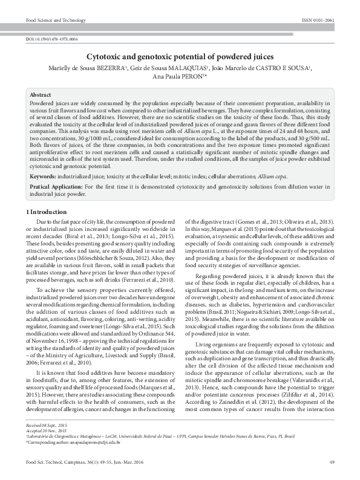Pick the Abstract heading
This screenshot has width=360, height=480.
(x=41, y=96)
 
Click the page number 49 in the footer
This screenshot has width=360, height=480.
(x=332, y=462)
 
